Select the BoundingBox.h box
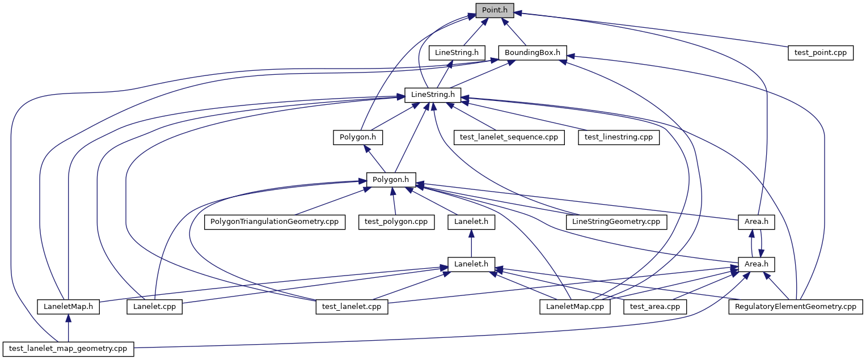(x=533, y=53)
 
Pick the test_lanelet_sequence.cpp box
(x=509, y=137)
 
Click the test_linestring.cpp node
(x=619, y=137)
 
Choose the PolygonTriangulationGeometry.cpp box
(x=275, y=222)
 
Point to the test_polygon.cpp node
(x=396, y=222)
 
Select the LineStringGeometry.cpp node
(x=616, y=222)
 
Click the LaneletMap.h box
(x=68, y=307)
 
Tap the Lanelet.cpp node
(x=155, y=307)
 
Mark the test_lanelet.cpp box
(x=352, y=307)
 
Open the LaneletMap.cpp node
(x=575, y=307)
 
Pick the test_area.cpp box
(x=655, y=307)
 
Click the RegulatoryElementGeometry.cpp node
(x=796, y=307)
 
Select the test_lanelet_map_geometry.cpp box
(x=68, y=349)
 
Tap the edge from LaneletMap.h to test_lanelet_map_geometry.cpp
(x=68, y=328)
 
